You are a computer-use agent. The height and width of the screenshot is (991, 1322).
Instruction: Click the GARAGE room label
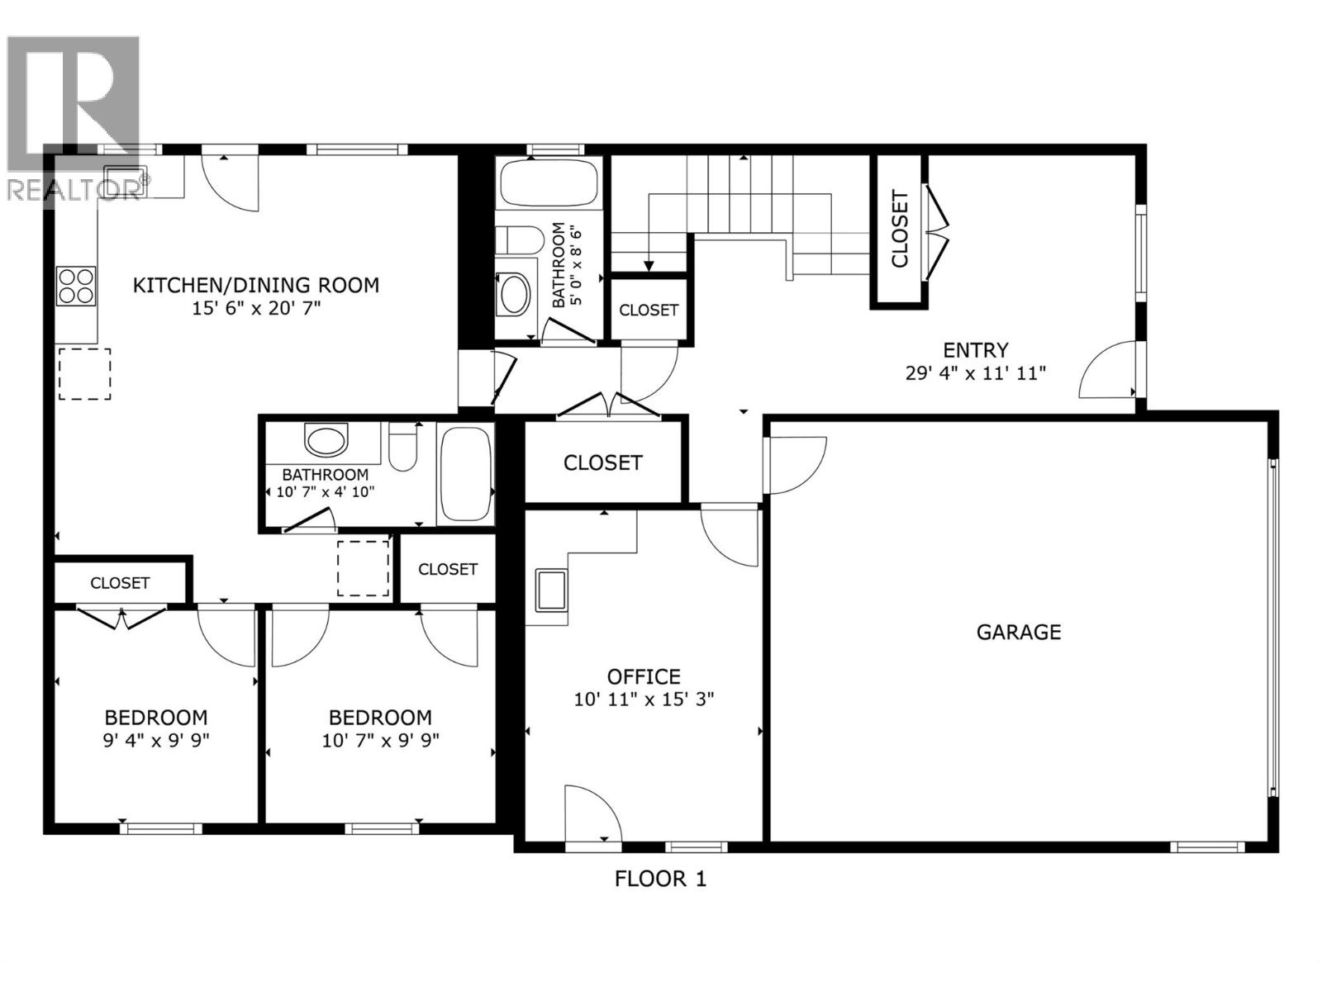coord(1018,632)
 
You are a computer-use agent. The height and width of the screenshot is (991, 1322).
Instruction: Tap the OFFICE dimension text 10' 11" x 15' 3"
coord(644,699)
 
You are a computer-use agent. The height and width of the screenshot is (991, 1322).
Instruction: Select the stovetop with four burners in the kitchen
coord(75,286)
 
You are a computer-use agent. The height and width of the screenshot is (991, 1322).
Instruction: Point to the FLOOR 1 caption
coord(660,878)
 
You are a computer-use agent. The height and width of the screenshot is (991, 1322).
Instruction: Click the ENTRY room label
coord(976,349)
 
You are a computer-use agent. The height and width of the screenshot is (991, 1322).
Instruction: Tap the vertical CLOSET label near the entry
coord(899,229)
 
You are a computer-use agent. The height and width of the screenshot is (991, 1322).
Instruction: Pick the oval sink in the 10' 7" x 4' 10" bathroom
coord(327,440)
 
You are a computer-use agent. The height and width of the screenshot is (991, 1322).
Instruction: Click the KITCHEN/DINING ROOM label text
coord(256,286)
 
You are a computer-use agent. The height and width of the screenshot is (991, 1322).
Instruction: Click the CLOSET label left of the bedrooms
coord(120,583)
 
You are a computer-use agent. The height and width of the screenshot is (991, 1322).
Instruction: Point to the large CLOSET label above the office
coord(602,462)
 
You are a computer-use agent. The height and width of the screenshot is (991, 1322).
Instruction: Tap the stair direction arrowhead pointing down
coord(649,265)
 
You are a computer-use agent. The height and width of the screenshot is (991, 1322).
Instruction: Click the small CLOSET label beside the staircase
coord(649,310)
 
